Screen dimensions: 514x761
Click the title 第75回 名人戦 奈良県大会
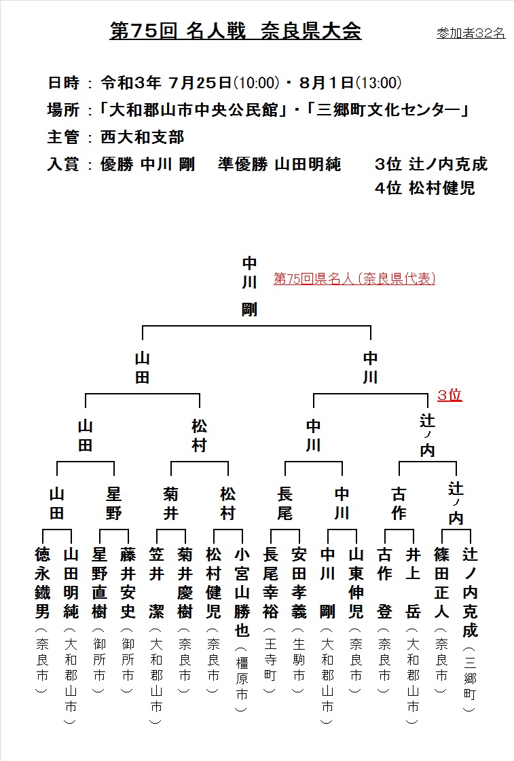coord(236,31)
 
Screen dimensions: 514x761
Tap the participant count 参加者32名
coord(471,33)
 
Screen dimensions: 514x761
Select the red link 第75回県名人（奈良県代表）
coord(354,278)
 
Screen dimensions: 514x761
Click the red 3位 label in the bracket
coord(449,394)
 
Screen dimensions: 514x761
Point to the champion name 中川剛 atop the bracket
coord(249,286)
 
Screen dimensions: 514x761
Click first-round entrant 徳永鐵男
coord(43,583)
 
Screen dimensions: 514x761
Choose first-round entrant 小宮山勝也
coord(242,592)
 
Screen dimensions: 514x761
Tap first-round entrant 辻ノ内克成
coord(470,592)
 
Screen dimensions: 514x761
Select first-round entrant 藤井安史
coord(128,583)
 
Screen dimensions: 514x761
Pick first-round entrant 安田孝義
coord(299,583)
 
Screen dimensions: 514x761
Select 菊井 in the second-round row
coord(171,503)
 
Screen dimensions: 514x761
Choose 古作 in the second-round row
coord(399,503)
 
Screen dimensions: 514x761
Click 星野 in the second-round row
coord(113,503)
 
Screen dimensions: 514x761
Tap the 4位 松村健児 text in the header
coord(424,188)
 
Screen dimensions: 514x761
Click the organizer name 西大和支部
coord(142,137)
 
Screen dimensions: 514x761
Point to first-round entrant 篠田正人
coord(441,583)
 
